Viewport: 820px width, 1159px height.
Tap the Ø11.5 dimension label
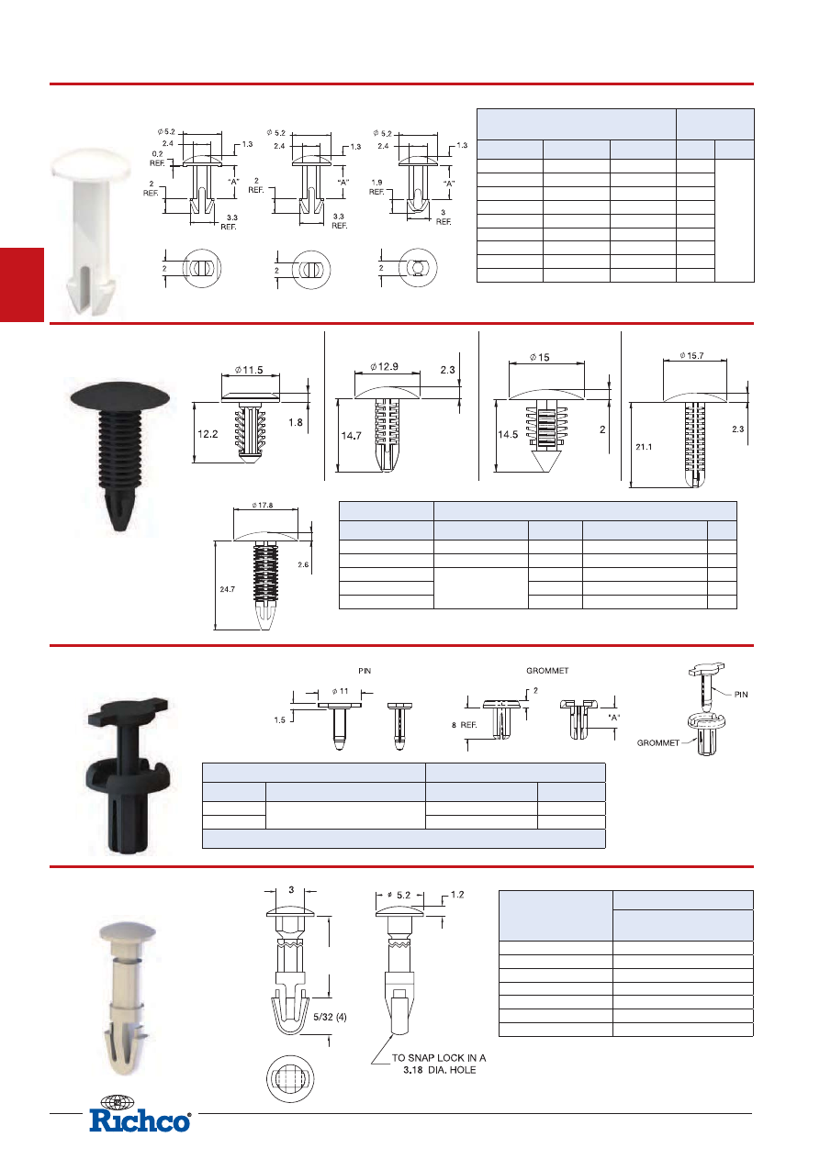(x=249, y=370)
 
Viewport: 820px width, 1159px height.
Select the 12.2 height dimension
(x=208, y=434)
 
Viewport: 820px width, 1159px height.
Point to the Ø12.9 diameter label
(x=384, y=366)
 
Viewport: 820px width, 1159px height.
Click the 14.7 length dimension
(x=351, y=436)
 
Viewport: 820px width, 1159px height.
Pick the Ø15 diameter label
(x=539, y=357)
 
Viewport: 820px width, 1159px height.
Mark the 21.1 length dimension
(x=644, y=447)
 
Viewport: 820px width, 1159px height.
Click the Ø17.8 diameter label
(x=263, y=505)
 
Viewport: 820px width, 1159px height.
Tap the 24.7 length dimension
(x=227, y=589)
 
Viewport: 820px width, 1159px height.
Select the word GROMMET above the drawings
(x=547, y=671)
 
